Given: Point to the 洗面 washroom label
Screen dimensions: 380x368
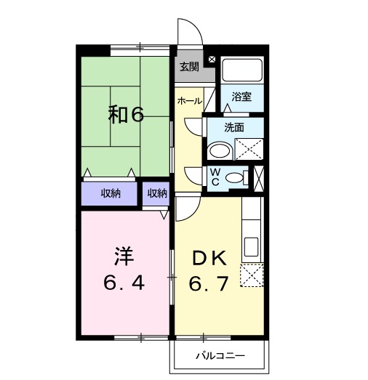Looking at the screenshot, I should tap(233, 127).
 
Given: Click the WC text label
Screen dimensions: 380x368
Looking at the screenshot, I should tap(215, 176).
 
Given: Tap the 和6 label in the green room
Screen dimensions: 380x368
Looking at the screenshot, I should tap(127, 114).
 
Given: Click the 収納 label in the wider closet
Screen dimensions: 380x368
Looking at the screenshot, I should tap(110, 193).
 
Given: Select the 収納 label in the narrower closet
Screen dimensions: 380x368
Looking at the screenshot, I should tap(157, 193).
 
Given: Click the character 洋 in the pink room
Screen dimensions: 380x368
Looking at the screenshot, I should tap(124, 256).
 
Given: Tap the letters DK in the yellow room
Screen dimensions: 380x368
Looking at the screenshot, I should tap(211, 257).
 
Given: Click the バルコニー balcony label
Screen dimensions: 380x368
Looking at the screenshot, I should tap(220, 356).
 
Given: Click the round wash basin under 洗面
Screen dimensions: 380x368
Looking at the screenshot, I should tap(217, 151).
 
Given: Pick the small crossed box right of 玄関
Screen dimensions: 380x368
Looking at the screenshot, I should tap(212, 60).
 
